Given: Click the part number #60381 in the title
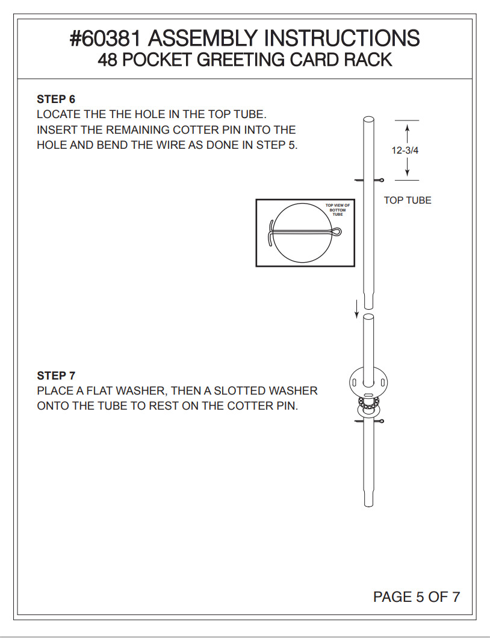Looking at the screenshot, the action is click(105, 38).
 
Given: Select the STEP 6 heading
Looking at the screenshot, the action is click(56, 99).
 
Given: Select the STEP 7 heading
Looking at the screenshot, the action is click(56, 375).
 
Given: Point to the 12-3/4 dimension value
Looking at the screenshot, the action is click(405, 151).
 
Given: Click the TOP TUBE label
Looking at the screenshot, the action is click(408, 200).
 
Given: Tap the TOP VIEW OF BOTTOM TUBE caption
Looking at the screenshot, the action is click(338, 210).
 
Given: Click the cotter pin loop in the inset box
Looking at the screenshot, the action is click(336, 233).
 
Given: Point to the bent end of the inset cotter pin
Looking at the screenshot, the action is click(270, 233).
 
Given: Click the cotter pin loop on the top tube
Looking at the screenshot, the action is click(380, 180).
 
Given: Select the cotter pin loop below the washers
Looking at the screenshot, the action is click(380, 421).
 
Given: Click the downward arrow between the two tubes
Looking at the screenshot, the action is click(356, 309).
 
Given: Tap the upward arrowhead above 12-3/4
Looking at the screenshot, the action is click(407, 127).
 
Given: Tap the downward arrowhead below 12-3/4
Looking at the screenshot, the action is click(407, 172).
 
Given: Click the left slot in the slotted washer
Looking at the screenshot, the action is click(354, 383).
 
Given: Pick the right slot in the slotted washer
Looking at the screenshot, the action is click(383, 383).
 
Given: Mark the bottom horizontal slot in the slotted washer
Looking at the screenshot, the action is click(368, 395).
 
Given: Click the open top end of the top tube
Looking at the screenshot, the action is click(368, 119).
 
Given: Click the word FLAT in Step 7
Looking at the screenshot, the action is click(100, 390).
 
